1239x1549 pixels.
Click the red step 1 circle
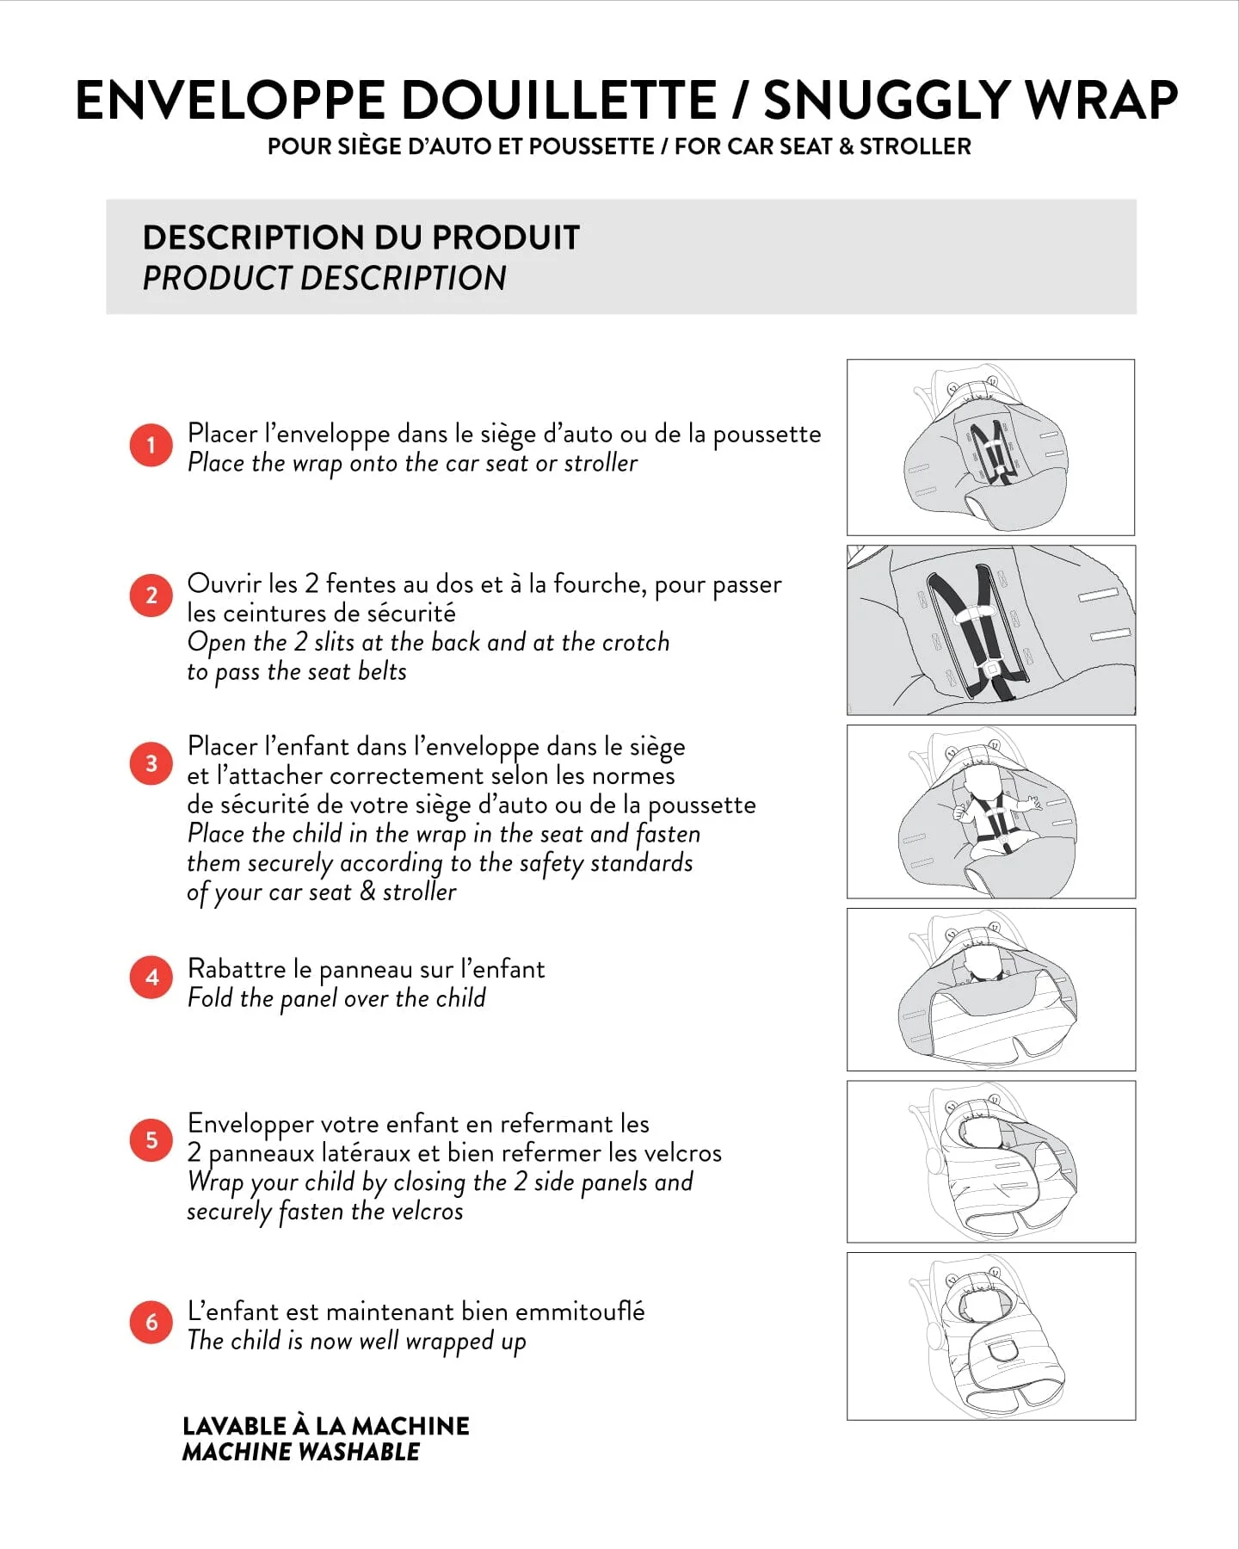click(x=151, y=445)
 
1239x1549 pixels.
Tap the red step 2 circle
click(x=151, y=596)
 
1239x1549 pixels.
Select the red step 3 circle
click(x=151, y=763)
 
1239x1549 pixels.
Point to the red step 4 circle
click(x=151, y=978)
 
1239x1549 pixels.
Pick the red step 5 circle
click(x=151, y=1140)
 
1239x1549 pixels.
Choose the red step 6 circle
click(x=151, y=1322)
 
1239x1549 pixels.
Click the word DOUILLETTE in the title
click(x=559, y=100)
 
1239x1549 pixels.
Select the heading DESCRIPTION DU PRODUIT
click(x=361, y=238)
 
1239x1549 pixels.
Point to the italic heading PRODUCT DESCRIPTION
click(x=324, y=278)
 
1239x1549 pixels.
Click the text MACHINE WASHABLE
click(x=301, y=1452)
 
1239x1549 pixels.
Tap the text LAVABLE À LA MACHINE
click(x=326, y=1426)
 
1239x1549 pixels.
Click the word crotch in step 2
click(x=635, y=642)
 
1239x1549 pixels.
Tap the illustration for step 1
click(x=990, y=447)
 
